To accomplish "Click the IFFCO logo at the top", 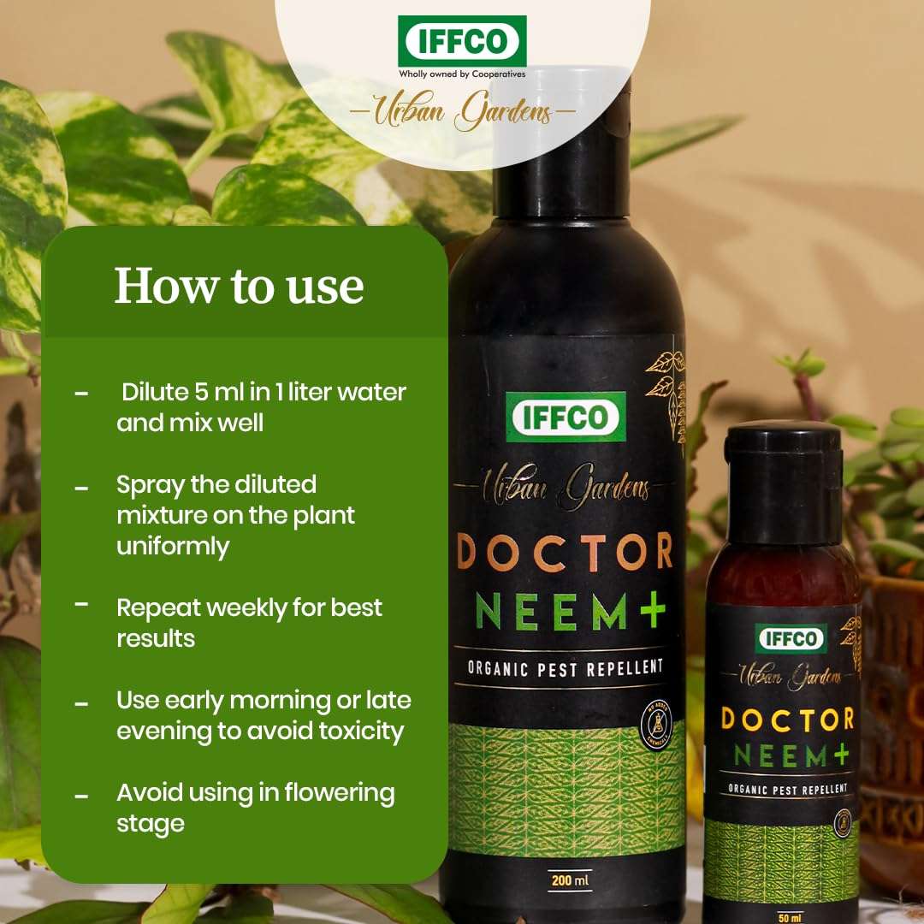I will click(x=462, y=40).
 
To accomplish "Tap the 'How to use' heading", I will click(x=239, y=286).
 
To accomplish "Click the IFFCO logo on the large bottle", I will click(x=565, y=417).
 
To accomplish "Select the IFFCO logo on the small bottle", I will click(x=791, y=638).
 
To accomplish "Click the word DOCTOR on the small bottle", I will click(x=787, y=719).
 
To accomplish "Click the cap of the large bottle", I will click(x=565, y=145).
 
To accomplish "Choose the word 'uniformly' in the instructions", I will click(x=174, y=547).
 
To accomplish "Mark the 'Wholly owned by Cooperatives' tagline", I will click(x=462, y=74).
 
